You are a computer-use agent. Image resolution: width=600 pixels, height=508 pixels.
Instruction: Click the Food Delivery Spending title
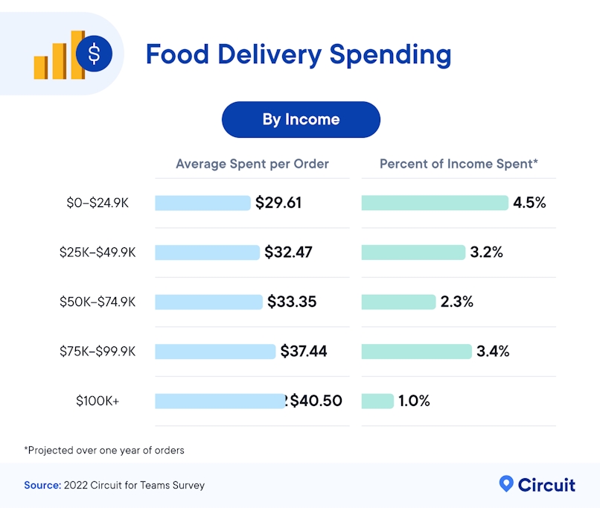[298, 55]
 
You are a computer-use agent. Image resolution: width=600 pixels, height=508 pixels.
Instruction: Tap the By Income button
[301, 119]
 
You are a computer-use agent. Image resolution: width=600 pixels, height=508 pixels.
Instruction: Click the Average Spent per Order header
[252, 164]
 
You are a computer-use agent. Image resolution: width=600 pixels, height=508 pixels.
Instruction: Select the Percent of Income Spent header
[459, 164]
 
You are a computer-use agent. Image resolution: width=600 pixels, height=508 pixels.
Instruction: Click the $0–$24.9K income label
[98, 203]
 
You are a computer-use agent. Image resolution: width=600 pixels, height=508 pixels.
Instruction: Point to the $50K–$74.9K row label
[98, 302]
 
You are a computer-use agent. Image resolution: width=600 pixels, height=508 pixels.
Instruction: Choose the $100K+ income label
[98, 401]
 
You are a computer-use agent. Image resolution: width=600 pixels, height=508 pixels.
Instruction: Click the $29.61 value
[278, 203]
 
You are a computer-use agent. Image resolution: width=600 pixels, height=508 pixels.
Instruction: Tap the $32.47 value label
[288, 253]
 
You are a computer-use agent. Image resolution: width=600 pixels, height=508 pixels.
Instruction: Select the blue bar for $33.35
[208, 302]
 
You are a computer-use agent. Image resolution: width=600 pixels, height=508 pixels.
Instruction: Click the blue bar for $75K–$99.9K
[215, 351]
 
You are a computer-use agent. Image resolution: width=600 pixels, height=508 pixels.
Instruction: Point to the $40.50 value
[316, 401]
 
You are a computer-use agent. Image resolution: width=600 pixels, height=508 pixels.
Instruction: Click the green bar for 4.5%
[435, 203]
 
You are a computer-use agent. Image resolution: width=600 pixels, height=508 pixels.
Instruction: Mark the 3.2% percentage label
[486, 253]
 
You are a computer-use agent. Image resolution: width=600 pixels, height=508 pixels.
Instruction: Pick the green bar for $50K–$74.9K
[398, 302]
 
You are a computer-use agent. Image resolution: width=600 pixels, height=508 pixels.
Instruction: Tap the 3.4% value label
[493, 351]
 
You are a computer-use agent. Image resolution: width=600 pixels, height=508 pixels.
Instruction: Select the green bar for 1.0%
[377, 401]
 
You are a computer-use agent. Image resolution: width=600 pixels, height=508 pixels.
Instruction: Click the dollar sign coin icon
[94, 53]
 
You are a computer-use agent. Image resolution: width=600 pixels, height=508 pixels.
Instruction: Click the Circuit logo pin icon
[506, 484]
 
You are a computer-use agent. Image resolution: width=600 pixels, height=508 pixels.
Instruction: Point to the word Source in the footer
[42, 485]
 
